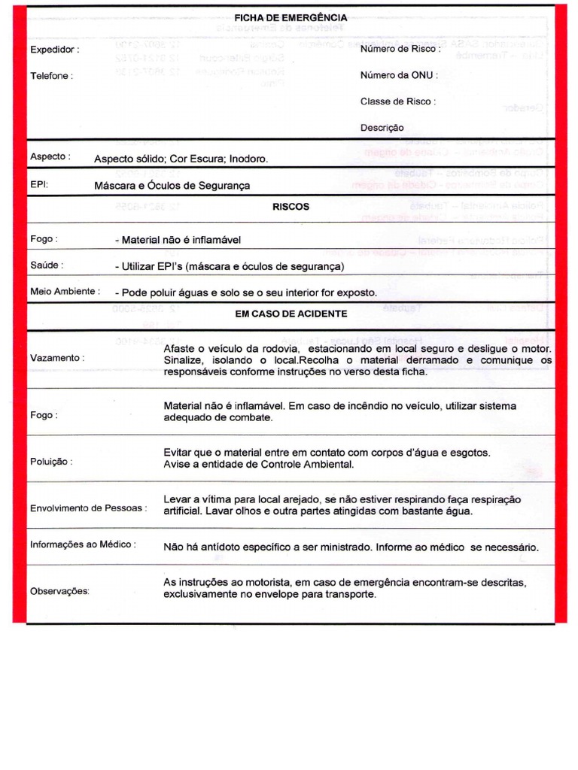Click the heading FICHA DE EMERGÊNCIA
click(291, 17)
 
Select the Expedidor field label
click(53, 50)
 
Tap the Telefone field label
click(51, 76)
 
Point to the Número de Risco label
click(400, 49)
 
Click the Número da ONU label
click(399, 75)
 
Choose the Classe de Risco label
click(397, 102)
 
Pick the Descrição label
click(382, 128)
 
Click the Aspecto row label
click(50, 157)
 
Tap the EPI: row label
click(39, 183)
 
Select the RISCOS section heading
click(291, 207)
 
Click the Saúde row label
click(47, 265)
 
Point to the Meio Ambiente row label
click(65, 291)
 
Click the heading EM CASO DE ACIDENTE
click(291, 314)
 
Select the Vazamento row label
click(57, 358)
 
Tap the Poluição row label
click(51, 462)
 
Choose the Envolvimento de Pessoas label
click(89, 508)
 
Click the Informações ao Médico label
click(83, 544)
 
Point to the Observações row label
click(59, 591)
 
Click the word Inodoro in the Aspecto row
click(247, 159)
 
